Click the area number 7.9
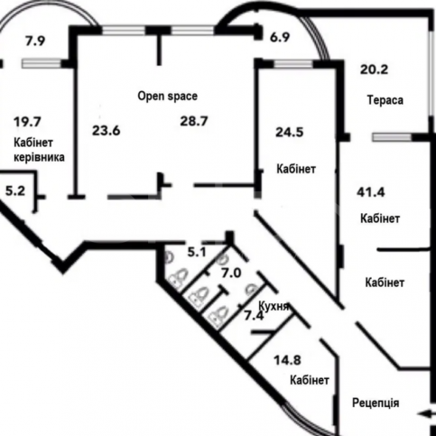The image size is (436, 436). click(x=35, y=41)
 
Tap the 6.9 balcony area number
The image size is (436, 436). click(x=280, y=38)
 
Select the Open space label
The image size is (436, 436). click(x=168, y=97)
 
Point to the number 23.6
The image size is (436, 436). click(x=106, y=131)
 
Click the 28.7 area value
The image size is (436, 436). click(x=194, y=121)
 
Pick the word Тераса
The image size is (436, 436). click(x=385, y=100)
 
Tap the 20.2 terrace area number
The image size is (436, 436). click(x=375, y=70)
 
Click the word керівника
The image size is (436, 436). click(x=39, y=157)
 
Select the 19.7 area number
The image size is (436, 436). click(x=27, y=122)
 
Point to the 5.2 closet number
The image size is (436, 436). click(x=15, y=190)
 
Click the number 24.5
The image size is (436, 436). click(x=290, y=133)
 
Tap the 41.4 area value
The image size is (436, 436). click(x=371, y=192)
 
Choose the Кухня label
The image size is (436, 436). click(x=274, y=307)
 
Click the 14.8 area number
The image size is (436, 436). click(x=287, y=360)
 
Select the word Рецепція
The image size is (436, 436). click(x=376, y=403)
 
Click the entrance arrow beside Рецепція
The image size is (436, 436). click(x=426, y=414)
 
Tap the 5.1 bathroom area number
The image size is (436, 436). click(x=197, y=253)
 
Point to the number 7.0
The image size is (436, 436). click(x=231, y=274)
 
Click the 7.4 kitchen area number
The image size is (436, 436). click(x=254, y=316)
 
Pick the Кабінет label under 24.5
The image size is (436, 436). click(x=296, y=169)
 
